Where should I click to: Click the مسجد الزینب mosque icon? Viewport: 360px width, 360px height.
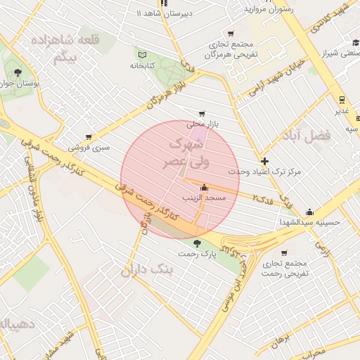click(204, 188)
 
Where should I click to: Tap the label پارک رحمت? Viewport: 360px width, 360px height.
click(196, 252)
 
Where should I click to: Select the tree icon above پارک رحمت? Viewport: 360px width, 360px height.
click(196, 243)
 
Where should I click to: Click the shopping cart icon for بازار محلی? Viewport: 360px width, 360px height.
click(202, 113)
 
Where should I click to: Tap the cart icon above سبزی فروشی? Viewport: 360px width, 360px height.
click(89, 137)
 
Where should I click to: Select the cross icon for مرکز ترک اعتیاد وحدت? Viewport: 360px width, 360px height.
click(264, 161)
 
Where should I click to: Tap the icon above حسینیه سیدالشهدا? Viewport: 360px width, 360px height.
click(309, 212)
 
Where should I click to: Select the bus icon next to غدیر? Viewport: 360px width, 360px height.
click(342, 100)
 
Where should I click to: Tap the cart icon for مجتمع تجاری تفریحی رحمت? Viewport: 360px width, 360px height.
click(284, 253)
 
